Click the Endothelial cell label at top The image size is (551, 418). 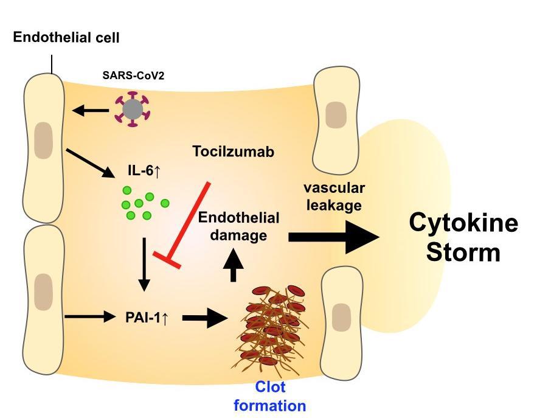coord(66,38)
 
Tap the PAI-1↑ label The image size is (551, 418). coord(144,316)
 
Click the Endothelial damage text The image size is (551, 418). coord(239,226)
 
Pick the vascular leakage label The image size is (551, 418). coord(334,197)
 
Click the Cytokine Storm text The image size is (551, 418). coord(463,237)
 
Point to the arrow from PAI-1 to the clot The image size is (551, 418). coord(204,317)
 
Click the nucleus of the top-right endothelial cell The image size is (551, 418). coord(336,115)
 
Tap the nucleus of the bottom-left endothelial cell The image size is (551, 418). coord(43,289)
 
